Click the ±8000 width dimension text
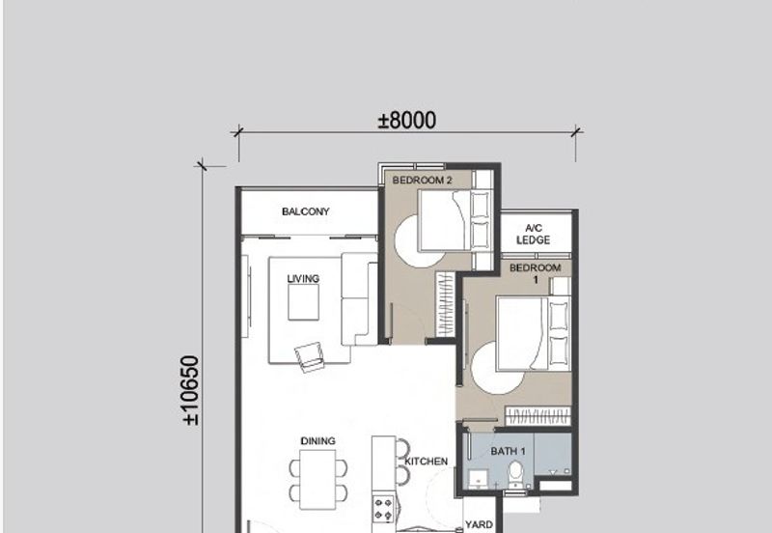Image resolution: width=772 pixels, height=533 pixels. (x=406, y=121)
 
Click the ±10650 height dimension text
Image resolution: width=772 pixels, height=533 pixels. (x=190, y=391)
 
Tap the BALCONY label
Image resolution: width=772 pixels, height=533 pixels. (x=306, y=211)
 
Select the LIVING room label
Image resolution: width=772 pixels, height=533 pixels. (x=303, y=279)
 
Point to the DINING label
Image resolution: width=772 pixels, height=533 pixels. (x=317, y=441)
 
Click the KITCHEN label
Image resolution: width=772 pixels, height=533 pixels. (x=426, y=463)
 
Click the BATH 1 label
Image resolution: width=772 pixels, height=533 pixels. (x=508, y=451)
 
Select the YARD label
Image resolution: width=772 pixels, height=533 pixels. (x=480, y=525)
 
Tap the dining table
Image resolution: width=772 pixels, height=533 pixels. (x=317, y=479)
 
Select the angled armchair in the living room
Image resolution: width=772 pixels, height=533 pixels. (x=312, y=357)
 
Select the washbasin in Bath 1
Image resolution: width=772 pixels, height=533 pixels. (x=476, y=479)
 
